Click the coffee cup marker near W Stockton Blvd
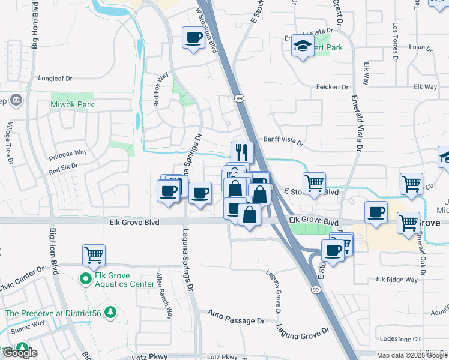click(193, 38)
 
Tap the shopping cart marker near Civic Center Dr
click(94, 255)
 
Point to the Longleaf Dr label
click(55, 78)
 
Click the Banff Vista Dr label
click(283, 141)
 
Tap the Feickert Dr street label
click(333, 88)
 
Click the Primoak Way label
click(68, 153)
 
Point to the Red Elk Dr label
click(64, 166)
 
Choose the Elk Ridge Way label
click(397, 280)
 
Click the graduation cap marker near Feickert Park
click(303, 46)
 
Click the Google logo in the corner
click(20, 353)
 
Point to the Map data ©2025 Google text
click(411, 355)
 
